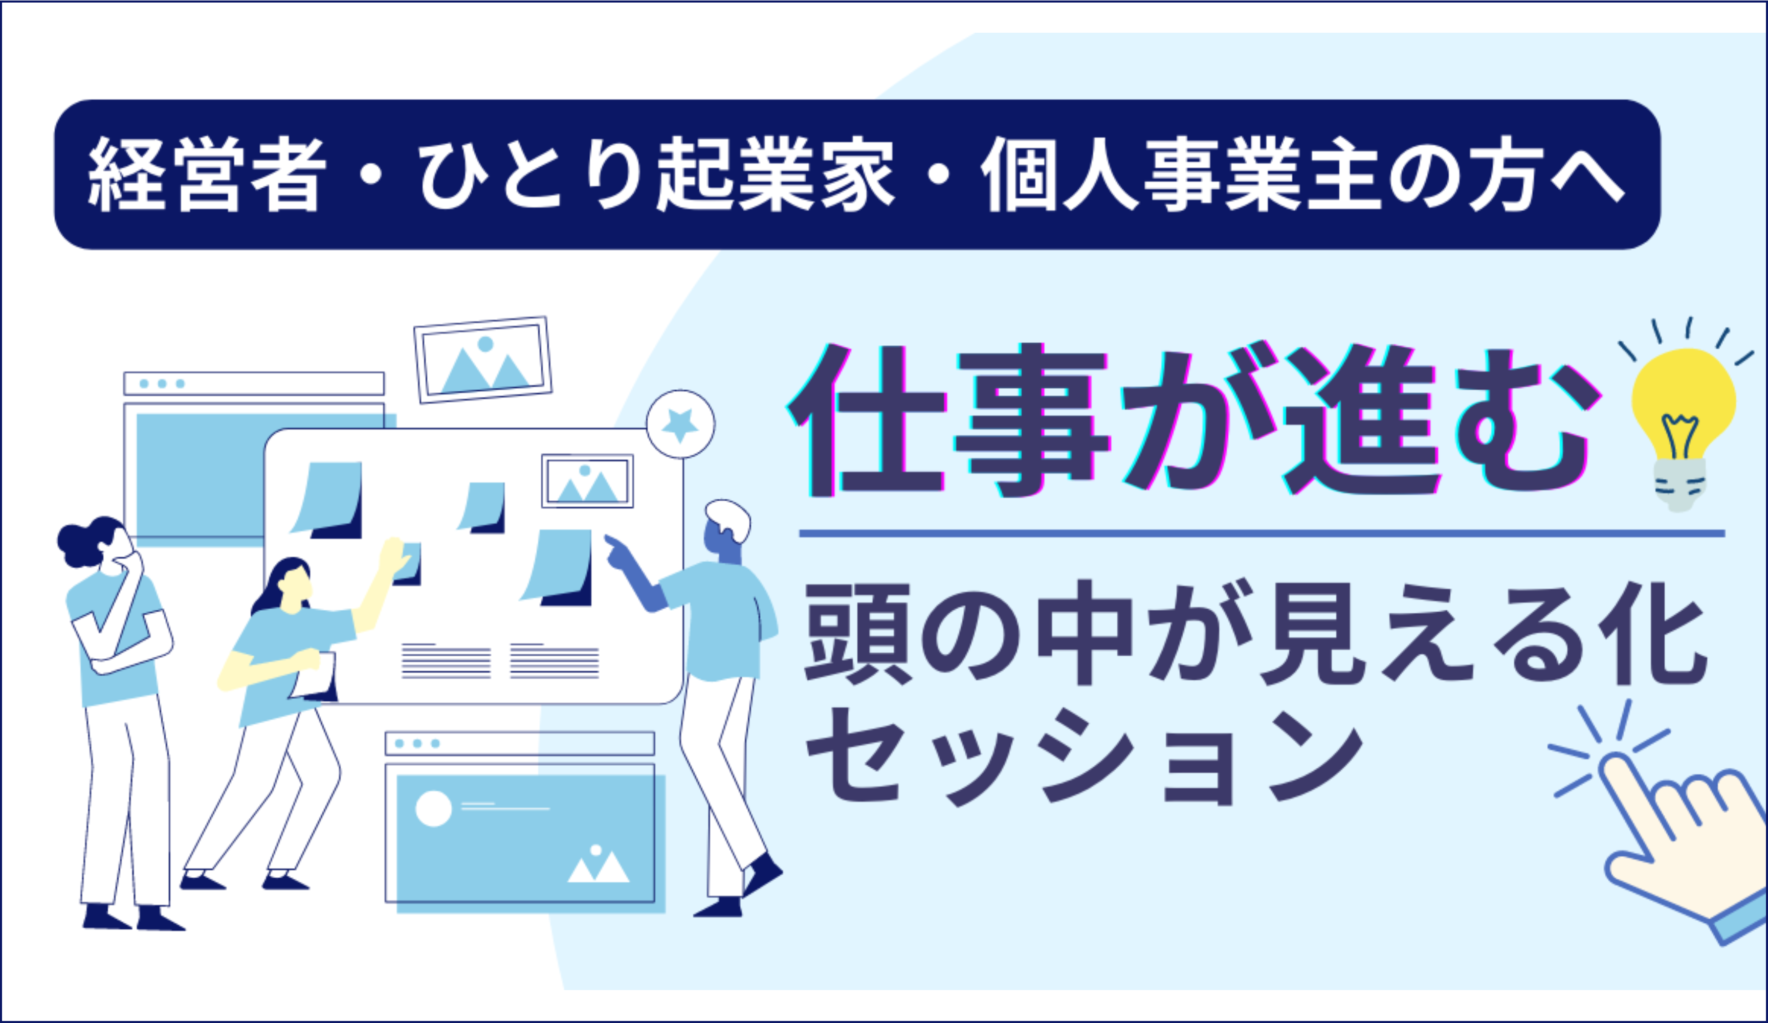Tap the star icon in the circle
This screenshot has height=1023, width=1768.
[680, 425]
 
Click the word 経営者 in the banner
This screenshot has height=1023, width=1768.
[208, 174]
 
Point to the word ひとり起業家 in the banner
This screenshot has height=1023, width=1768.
[656, 174]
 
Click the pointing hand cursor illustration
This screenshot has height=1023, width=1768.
[1677, 842]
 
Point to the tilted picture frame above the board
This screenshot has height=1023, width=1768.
[483, 360]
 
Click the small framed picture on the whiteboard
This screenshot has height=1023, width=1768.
[587, 481]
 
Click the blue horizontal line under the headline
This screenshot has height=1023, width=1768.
[1262, 534]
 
